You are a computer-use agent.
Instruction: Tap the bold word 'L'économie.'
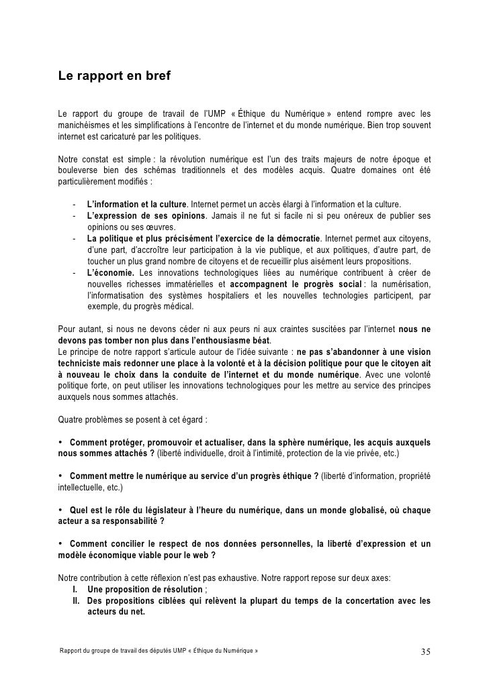[x=111, y=272]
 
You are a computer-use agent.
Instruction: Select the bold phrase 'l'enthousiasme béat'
[x=189, y=340]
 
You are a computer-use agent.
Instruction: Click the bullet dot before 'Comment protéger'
[x=61, y=443]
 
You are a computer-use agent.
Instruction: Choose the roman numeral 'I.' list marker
[x=76, y=590]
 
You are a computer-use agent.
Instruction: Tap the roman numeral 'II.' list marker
[x=77, y=601]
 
